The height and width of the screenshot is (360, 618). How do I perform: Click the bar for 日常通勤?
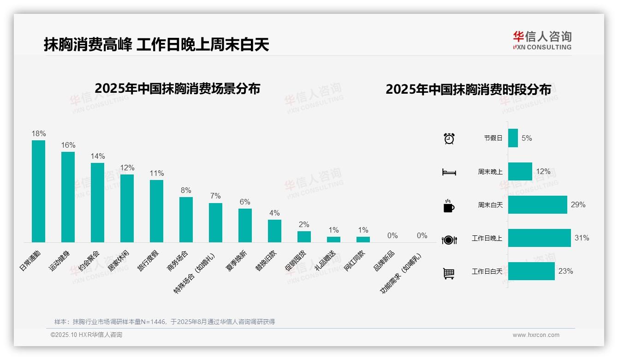tap(38, 191)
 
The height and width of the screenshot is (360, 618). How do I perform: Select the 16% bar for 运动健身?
tap(68, 197)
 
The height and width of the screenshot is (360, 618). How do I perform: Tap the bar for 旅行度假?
tap(156, 211)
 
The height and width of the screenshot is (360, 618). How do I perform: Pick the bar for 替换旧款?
tap(274, 231)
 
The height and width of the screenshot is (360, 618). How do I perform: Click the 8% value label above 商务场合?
tap(186, 191)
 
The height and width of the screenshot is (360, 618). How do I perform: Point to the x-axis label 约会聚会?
tap(89, 260)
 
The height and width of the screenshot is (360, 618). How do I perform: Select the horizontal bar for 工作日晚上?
tap(539, 238)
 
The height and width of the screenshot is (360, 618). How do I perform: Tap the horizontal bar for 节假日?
tap(513, 138)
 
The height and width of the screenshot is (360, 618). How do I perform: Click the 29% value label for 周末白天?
tap(578, 204)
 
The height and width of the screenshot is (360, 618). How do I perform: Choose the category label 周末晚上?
tap(490, 172)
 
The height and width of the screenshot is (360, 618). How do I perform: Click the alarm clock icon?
tap(449, 138)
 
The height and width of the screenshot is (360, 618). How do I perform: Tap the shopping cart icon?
tap(449, 274)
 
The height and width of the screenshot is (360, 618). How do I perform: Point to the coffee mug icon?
tap(449, 206)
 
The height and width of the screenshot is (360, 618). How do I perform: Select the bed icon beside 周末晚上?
tap(449, 172)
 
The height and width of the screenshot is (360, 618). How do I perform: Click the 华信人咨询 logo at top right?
tap(542, 41)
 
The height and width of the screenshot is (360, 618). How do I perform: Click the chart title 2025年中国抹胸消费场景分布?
tap(177, 89)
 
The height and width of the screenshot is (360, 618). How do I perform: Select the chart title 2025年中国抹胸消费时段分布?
tap(468, 90)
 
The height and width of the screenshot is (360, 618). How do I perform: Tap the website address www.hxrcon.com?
tap(536, 335)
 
